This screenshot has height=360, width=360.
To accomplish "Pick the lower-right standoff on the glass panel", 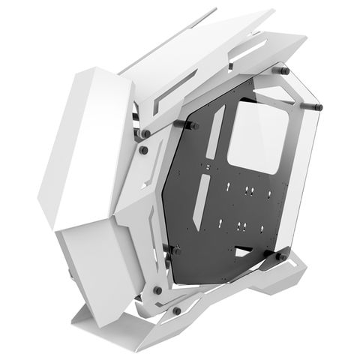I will (280, 257).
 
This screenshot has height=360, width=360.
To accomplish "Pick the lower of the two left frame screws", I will (143, 149).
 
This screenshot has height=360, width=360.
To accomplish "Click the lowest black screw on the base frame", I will (176, 310).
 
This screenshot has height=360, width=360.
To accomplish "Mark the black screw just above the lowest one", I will (157, 289).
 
